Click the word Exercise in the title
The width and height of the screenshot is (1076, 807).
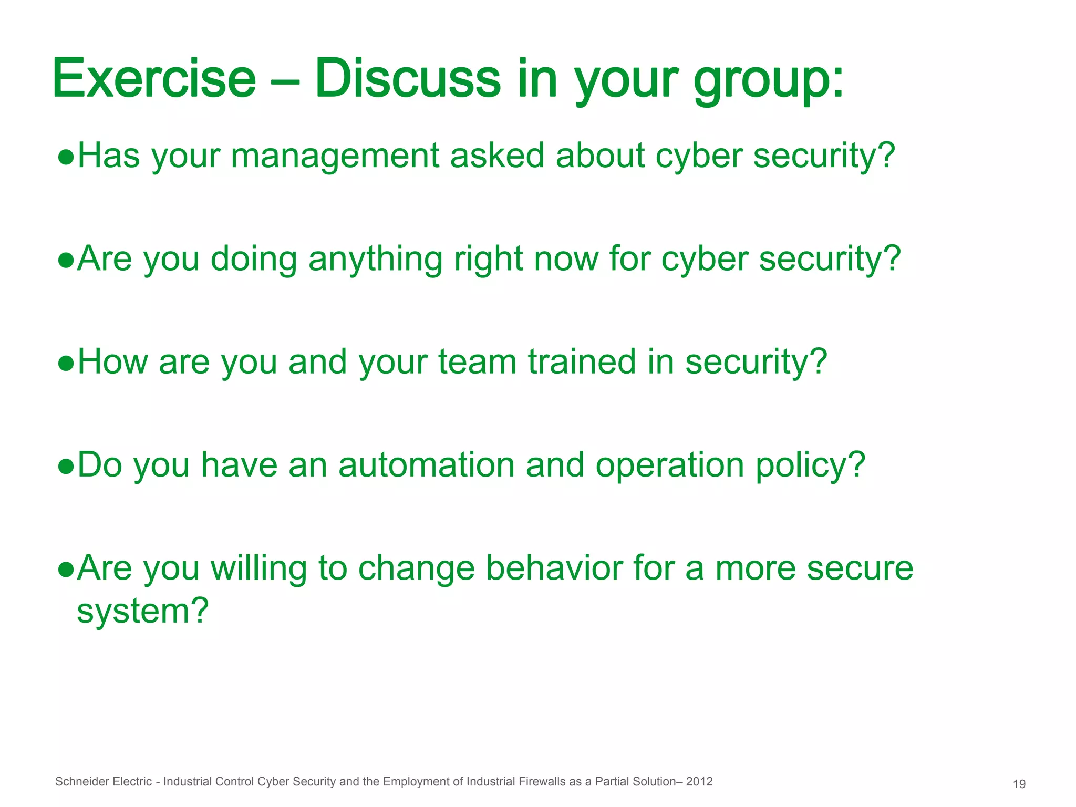[154, 79]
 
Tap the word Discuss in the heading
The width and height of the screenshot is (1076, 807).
[408, 79]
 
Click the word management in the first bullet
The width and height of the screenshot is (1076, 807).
[335, 156]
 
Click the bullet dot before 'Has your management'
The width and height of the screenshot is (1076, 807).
[66, 157]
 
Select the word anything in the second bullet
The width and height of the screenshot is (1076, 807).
[375, 260]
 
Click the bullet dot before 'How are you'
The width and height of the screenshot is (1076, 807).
[66, 363]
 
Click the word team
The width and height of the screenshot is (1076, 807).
[477, 362]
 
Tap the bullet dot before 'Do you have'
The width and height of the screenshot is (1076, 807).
[66, 466]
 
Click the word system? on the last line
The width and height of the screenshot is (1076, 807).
[143, 612]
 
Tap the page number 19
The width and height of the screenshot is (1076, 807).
[1019, 784]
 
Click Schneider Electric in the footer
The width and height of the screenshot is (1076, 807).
[104, 782]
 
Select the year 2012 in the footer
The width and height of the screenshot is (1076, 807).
[699, 782]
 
